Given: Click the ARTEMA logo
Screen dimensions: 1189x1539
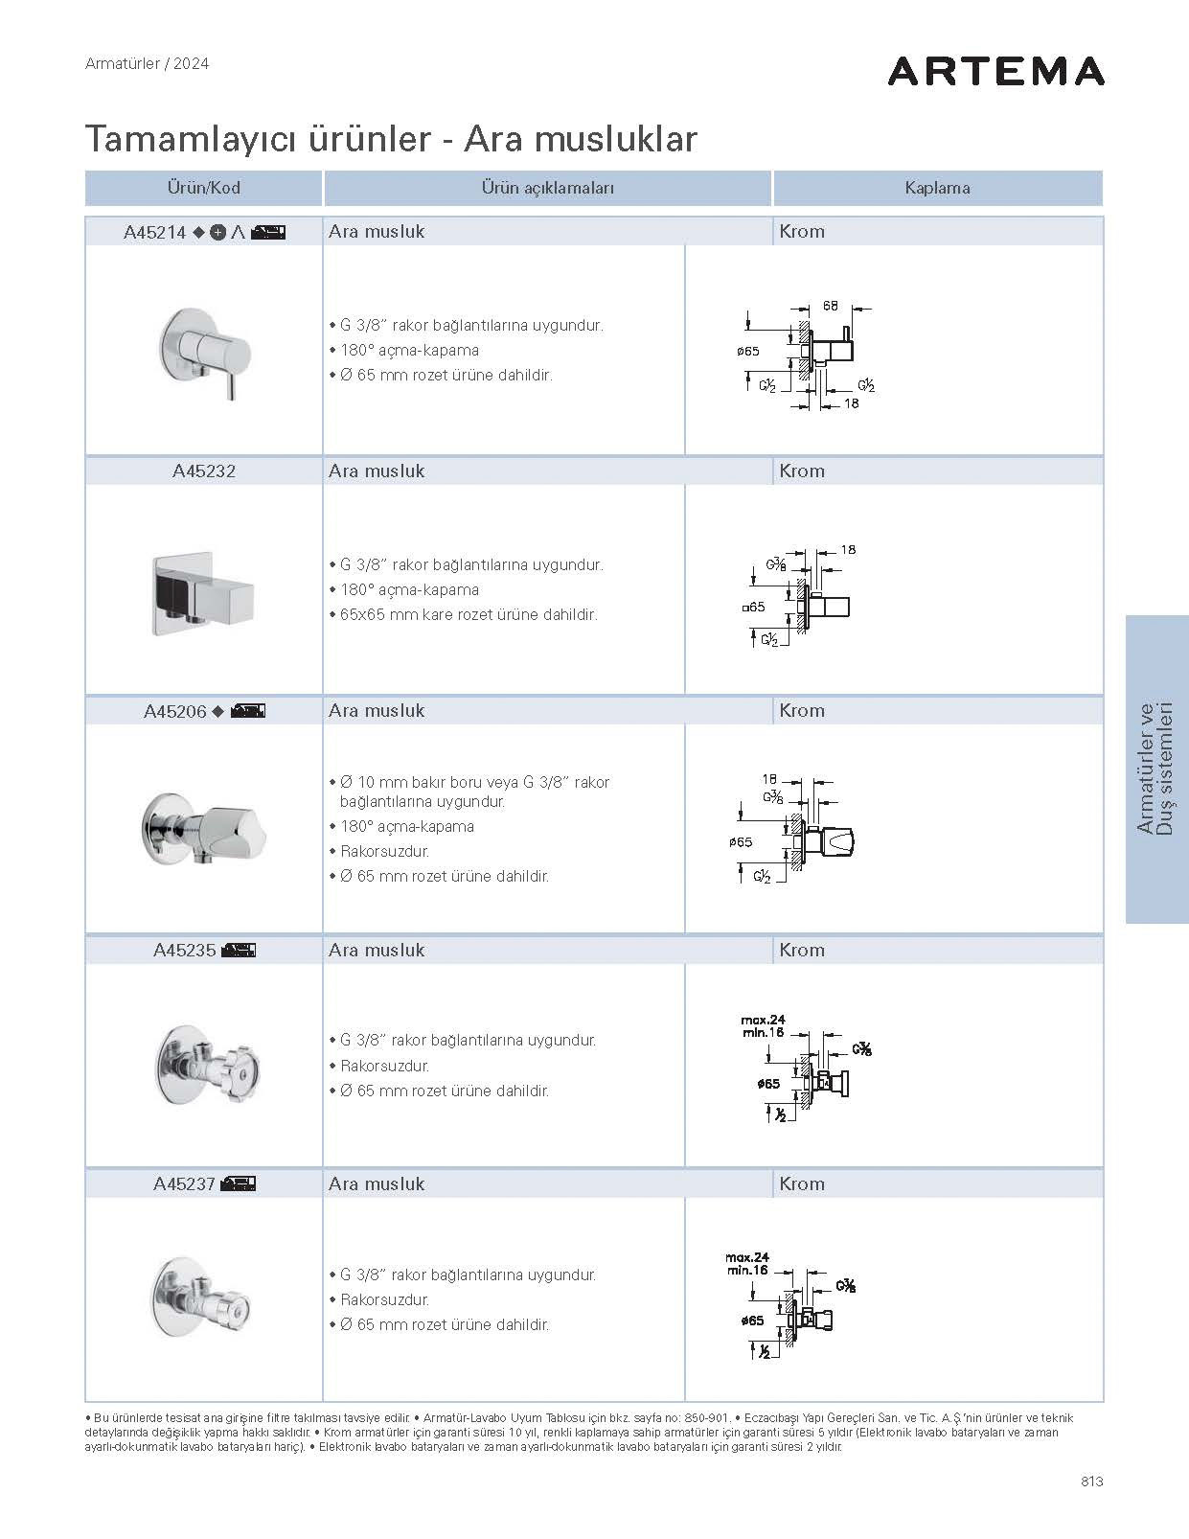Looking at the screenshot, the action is [x=995, y=72].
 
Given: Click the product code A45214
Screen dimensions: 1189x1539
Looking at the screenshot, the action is [x=155, y=232].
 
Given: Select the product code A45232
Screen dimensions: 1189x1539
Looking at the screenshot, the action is [x=204, y=471].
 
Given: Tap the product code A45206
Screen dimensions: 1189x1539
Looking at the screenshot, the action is [x=175, y=711].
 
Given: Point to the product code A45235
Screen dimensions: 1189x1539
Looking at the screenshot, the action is [x=185, y=951].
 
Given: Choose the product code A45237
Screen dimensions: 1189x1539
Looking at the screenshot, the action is [x=185, y=1184].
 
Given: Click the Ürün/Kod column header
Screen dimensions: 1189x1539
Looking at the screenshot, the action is [x=203, y=188].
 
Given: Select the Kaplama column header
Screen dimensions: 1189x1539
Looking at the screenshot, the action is [x=937, y=188].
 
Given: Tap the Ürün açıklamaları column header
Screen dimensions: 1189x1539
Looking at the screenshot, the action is [x=547, y=188].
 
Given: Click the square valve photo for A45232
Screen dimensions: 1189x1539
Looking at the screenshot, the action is [x=204, y=592].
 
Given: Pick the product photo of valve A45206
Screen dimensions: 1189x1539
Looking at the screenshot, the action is [x=204, y=828].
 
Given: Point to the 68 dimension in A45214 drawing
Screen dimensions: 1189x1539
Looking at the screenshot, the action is [x=830, y=307].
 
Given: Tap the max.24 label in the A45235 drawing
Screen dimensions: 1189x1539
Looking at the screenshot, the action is [x=763, y=1020].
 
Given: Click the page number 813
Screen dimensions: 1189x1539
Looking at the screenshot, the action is [x=1091, y=1482].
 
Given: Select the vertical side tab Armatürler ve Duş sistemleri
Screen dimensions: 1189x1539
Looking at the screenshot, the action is [x=1155, y=769].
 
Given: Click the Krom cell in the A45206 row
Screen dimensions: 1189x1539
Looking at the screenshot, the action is [x=802, y=711].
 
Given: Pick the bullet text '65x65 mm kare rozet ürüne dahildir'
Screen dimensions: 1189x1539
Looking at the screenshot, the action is [x=469, y=615].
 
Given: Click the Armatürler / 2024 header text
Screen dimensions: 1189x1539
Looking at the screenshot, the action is [x=147, y=64].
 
